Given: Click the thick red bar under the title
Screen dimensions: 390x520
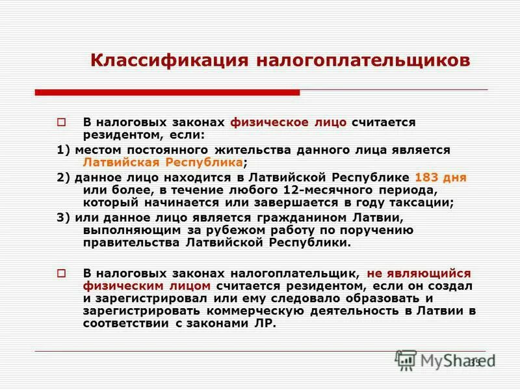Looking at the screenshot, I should (x=167, y=92).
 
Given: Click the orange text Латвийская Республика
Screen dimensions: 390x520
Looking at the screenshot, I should (x=162, y=162).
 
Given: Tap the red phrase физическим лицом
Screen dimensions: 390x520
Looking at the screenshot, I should (x=147, y=286).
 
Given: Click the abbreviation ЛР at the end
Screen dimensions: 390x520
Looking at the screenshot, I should (x=266, y=324).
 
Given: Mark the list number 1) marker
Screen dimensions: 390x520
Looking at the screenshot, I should (x=63, y=149).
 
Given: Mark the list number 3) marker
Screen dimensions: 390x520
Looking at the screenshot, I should (x=63, y=217).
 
